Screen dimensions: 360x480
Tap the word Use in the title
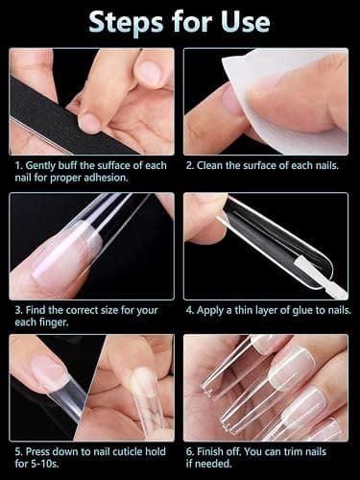pyautogui.click(x=246, y=22)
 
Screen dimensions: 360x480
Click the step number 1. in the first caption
pyautogui.click(x=19, y=165)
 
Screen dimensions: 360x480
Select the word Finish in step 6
pyautogui.click(x=211, y=451)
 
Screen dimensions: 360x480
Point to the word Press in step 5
pyautogui.click(x=37, y=451)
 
